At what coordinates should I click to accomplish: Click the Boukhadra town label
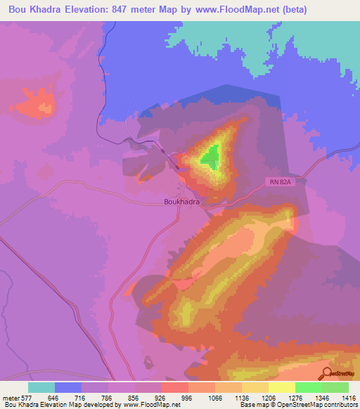tap(177, 201)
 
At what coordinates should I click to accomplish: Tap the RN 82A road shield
tap(278, 182)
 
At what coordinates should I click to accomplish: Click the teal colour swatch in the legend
tap(41, 387)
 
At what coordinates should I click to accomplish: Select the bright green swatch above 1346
tap(309, 387)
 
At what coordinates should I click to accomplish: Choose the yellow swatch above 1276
tap(281, 387)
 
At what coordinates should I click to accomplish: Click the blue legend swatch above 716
tap(68, 387)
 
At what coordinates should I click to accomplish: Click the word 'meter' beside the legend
tap(10, 397)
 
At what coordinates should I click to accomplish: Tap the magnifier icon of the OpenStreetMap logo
tap(326, 373)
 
